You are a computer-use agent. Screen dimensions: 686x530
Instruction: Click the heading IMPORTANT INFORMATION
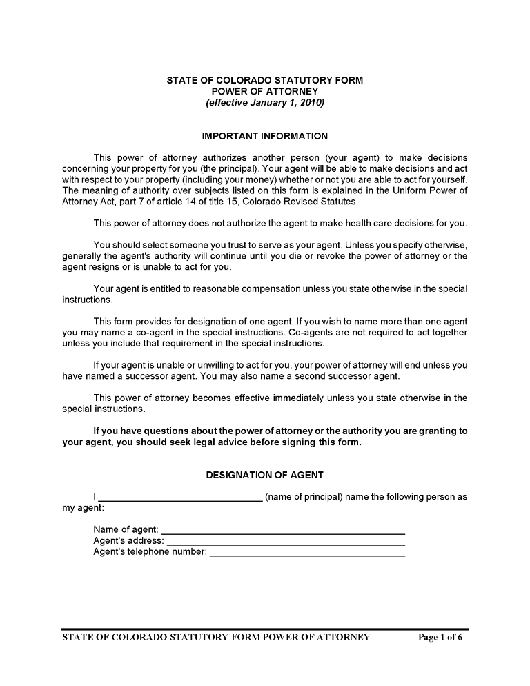265,136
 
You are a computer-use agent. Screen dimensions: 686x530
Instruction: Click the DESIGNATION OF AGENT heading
265,475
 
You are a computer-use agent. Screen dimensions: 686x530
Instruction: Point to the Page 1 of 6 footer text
440,637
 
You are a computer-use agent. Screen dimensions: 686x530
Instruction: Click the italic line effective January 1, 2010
265,103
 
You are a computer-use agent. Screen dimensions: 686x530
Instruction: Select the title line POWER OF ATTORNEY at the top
265,91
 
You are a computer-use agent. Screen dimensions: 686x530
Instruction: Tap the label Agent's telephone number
150,552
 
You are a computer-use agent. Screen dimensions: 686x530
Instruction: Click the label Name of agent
126,529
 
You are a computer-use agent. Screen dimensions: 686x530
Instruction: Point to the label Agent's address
128,541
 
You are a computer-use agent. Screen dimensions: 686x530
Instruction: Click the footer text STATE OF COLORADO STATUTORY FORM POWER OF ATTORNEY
216,637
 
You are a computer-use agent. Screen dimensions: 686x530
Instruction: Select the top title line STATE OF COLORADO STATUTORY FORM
265,80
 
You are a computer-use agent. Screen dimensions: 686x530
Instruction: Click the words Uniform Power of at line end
432,190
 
